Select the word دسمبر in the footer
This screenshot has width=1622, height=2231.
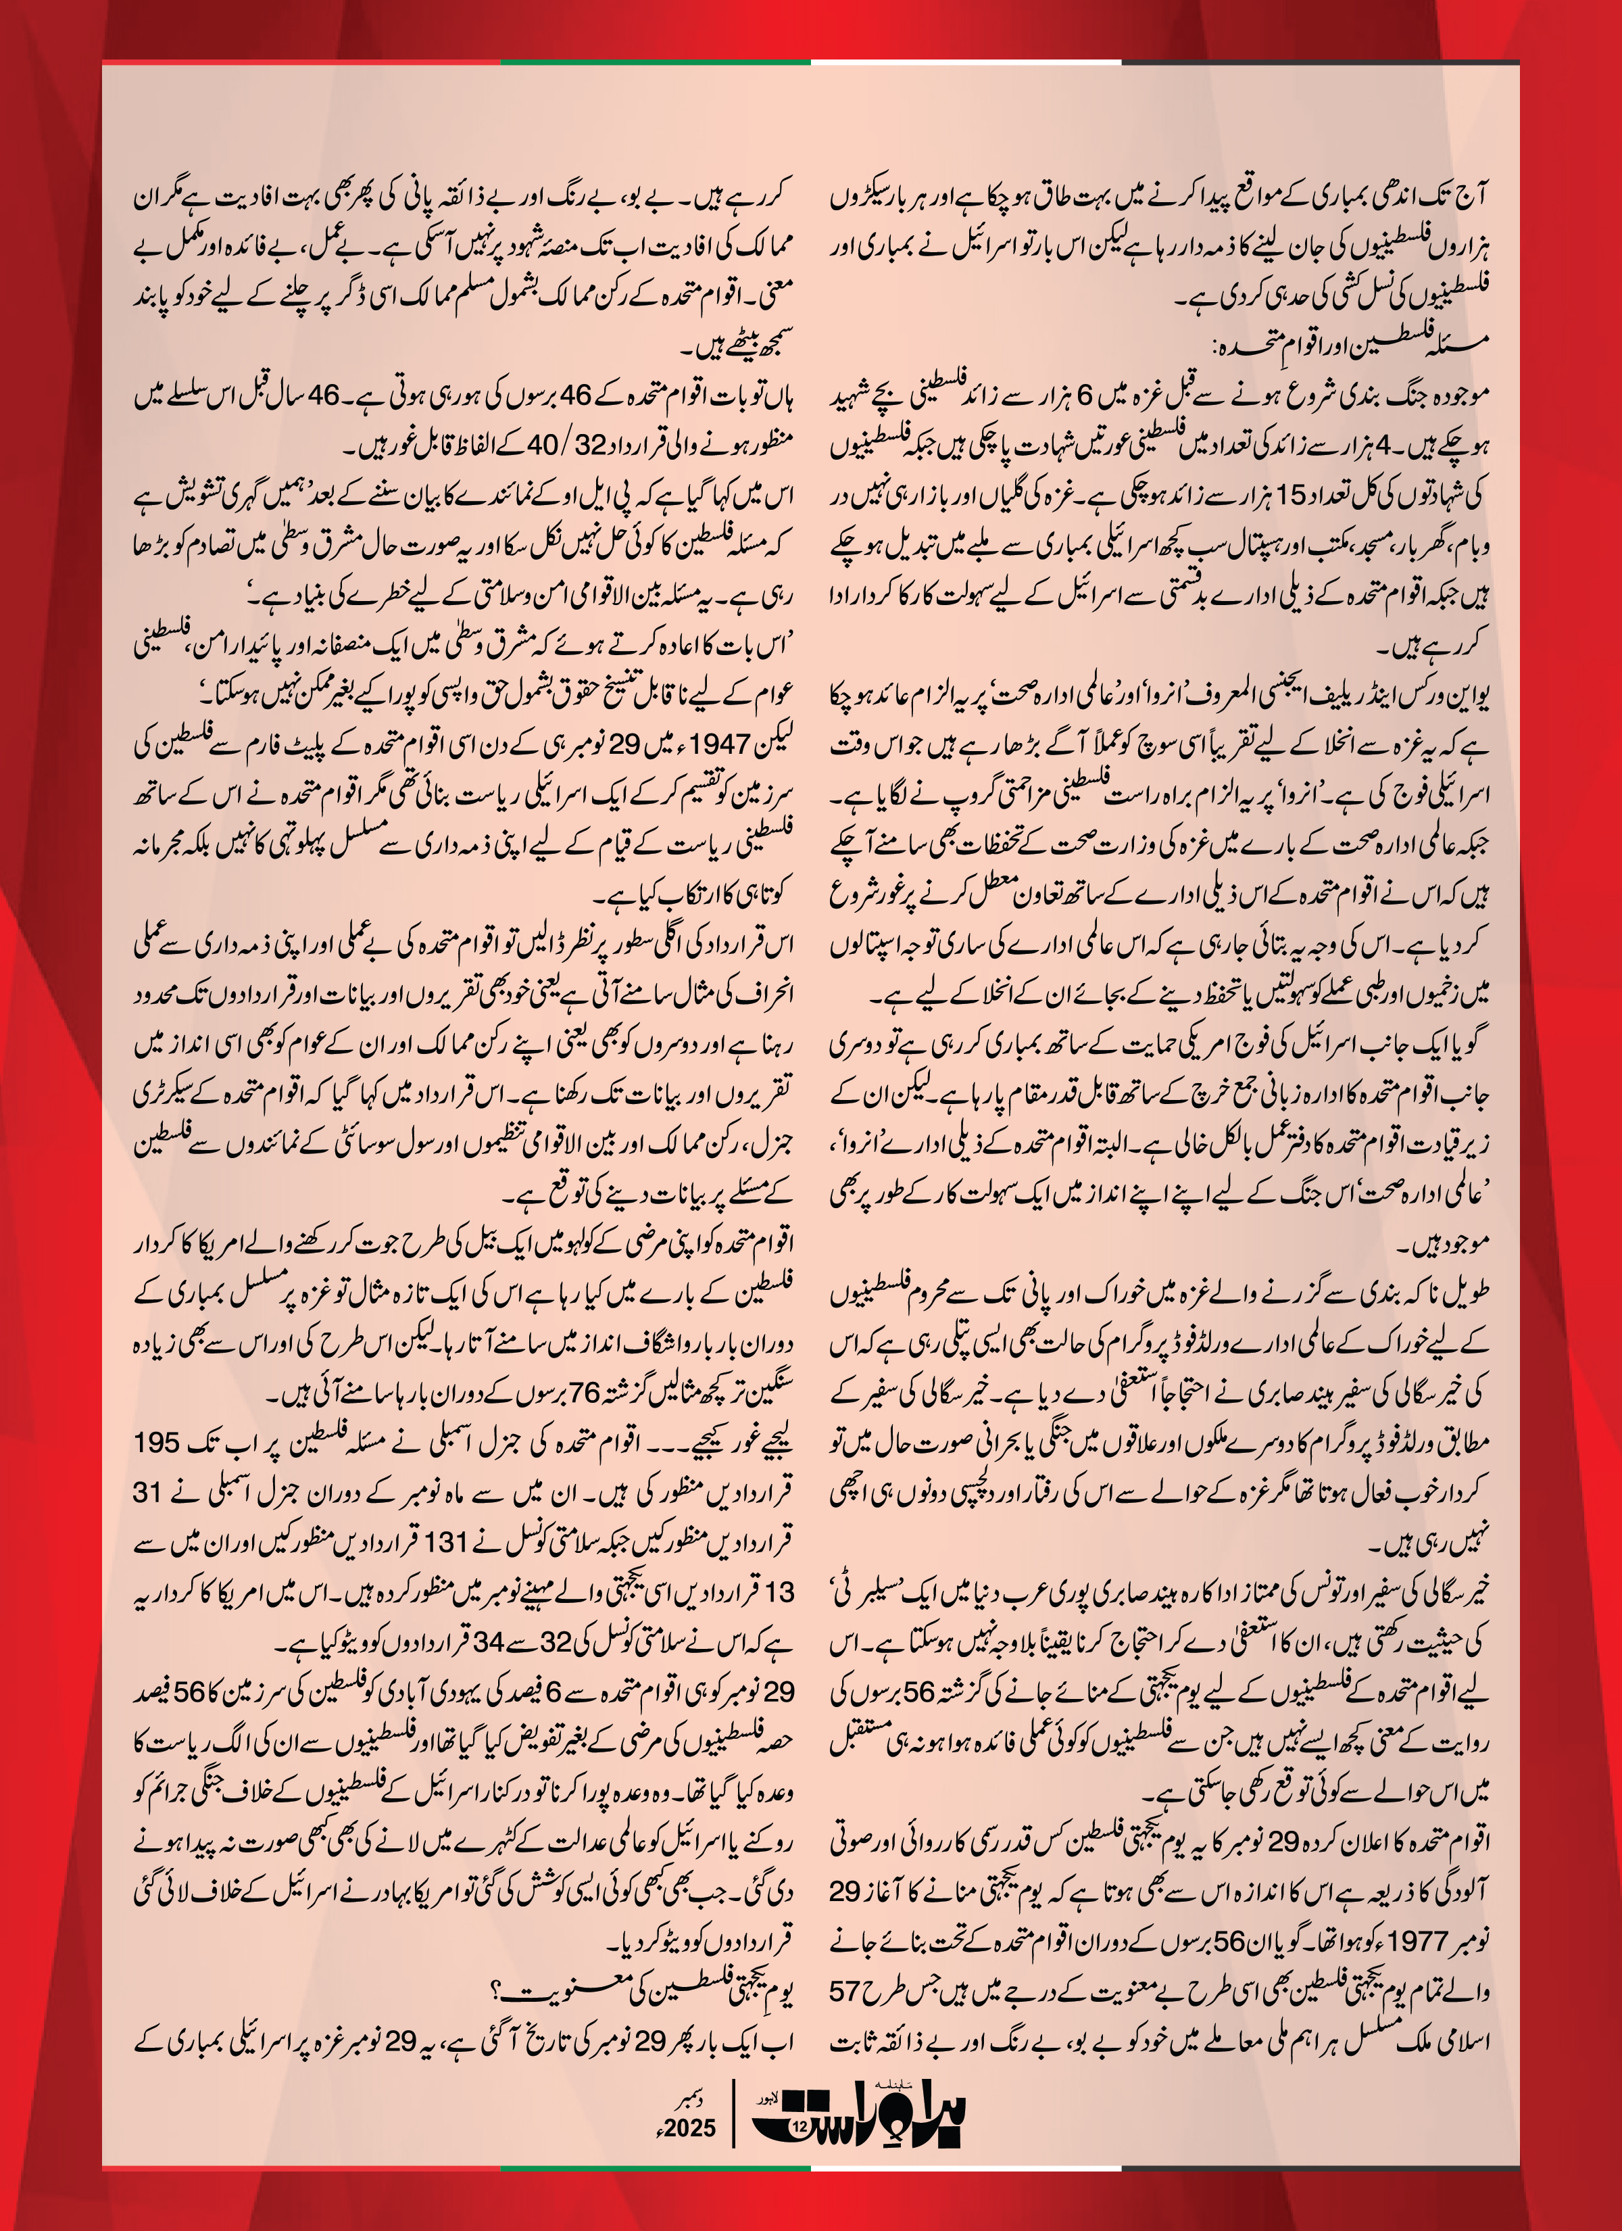[695, 2100]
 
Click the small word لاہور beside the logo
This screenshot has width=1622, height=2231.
[760, 2092]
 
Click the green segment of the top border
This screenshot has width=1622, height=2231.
[655, 63]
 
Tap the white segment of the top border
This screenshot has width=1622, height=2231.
[966, 63]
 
